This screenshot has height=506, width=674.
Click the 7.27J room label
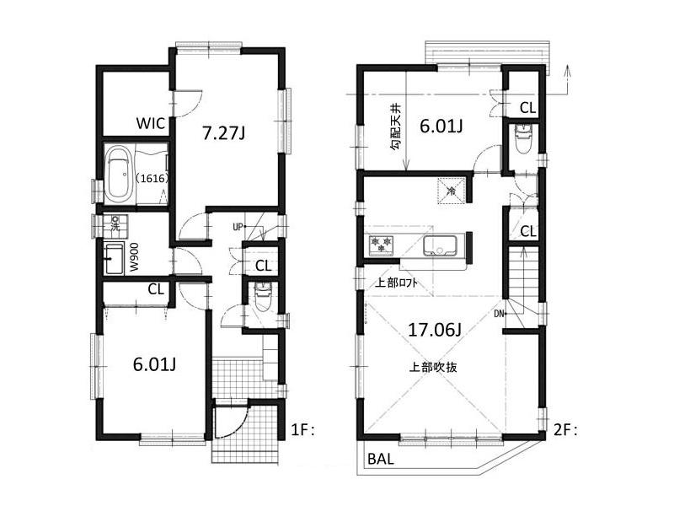tap(225, 132)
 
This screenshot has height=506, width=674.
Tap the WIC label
tap(152, 123)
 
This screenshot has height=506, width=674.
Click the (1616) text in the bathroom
tap(150, 179)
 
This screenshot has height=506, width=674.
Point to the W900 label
tap(133, 258)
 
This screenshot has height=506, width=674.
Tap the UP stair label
tap(238, 227)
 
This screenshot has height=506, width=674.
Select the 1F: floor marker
tap(303, 430)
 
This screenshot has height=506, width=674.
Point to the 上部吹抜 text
tap(432, 367)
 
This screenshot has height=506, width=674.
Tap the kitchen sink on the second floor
tap(440, 246)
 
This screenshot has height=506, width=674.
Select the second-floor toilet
tap(523, 136)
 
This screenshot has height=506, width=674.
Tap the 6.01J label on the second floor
tap(441, 126)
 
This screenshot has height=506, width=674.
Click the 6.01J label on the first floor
tap(154, 364)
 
